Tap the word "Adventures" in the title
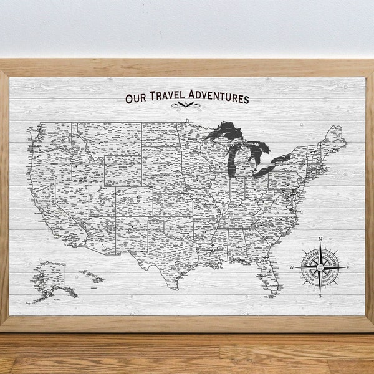tap(216, 98)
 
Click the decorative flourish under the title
tap(186, 108)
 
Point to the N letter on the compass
tap(320, 239)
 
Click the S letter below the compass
tap(320, 297)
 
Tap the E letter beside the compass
tap(348, 267)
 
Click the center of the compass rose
tap(320, 268)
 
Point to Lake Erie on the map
tap(265, 170)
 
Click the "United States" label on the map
tap(161, 176)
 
